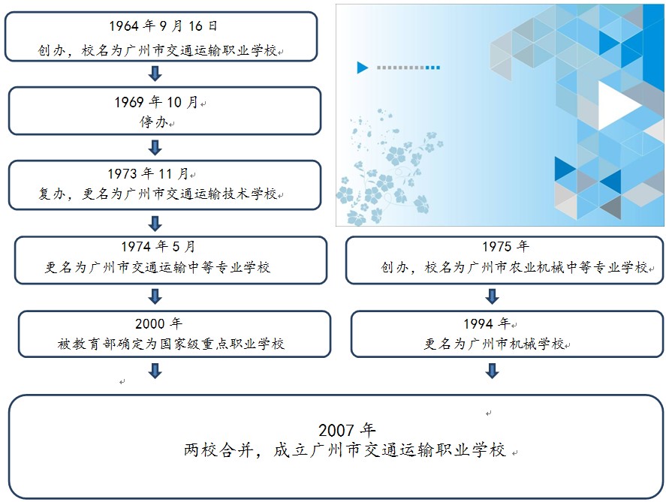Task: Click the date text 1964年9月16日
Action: pos(163,26)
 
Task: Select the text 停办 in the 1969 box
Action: pos(153,122)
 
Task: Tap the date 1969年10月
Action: pos(156,102)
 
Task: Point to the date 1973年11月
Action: pos(147,173)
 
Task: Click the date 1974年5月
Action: pos(158,246)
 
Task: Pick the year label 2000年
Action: pos(159,323)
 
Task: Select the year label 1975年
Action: pos(505,246)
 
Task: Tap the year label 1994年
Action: pos(487,323)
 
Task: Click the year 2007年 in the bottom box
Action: pos(347,430)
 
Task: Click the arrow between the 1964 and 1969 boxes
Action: pos(155,74)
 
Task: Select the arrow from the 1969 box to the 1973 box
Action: pos(155,148)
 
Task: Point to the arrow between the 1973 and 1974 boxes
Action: pos(155,224)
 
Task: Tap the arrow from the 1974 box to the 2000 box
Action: pos(155,296)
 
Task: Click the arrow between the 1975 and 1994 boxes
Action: pos(492,296)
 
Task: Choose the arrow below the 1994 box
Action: pos(492,371)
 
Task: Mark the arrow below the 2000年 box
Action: pos(155,371)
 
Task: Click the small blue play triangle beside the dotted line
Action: pos(362,68)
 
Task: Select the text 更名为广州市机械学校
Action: pos(494,343)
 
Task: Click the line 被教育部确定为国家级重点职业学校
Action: pos(170,343)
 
